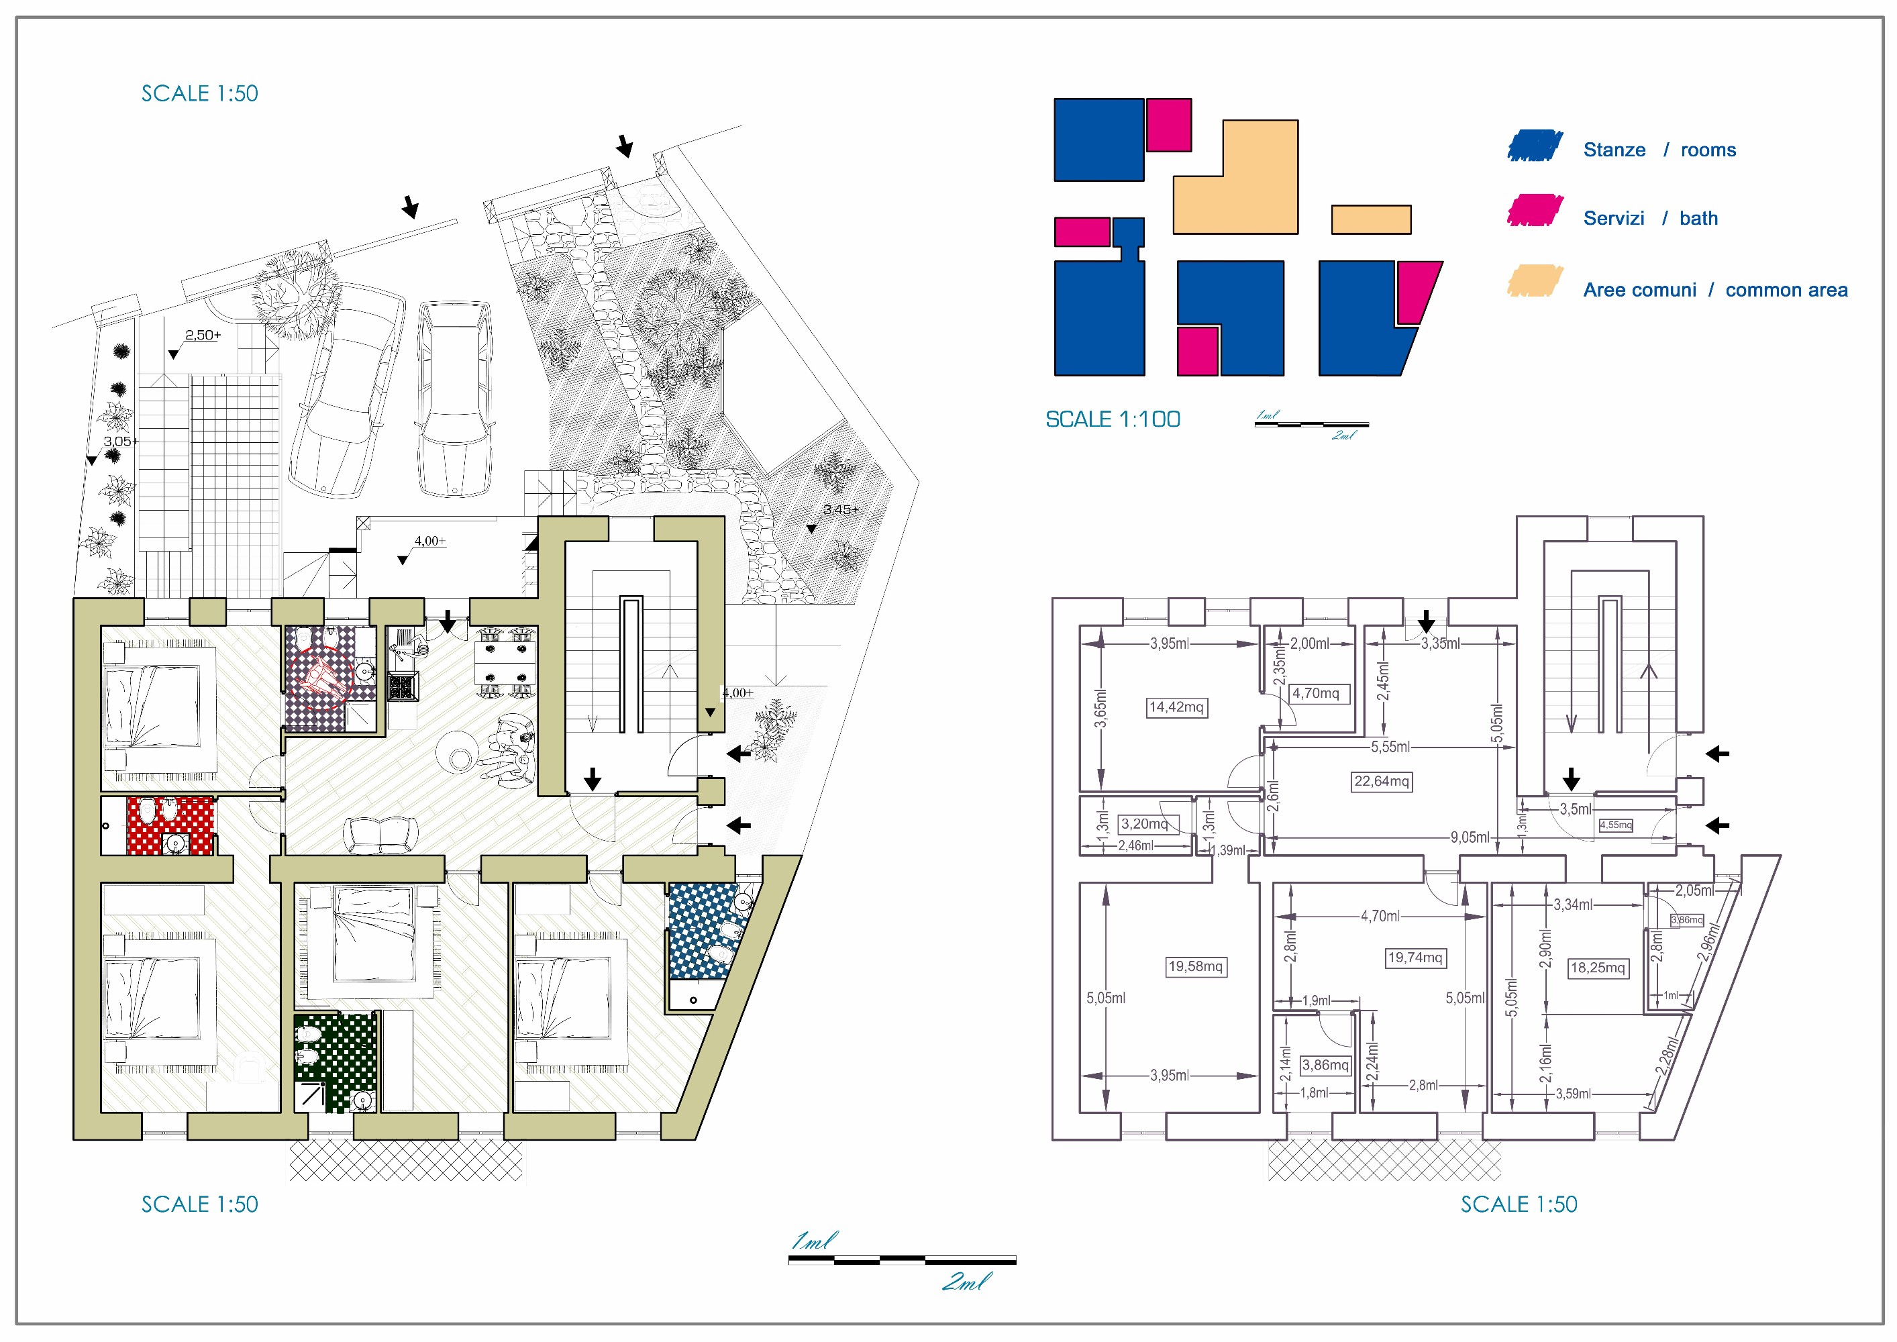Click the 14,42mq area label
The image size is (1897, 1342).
tap(1176, 707)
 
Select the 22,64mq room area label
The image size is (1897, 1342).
tap(1382, 782)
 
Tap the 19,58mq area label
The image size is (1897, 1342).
tap(1196, 967)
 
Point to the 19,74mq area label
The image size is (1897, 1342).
tap(1415, 958)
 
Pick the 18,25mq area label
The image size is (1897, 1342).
tap(1598, 968)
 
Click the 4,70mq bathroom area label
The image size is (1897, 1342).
tap(1316, 693)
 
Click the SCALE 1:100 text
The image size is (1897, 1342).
tap(1113, 420)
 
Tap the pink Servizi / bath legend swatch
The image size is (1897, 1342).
tap(1534, 211)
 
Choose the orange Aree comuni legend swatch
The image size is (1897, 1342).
tap(1534, 282)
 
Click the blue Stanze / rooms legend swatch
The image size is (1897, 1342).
tap(1534, 146)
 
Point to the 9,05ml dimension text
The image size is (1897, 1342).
tap(1470, 837)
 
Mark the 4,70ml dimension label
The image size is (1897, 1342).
tap(1380, 916)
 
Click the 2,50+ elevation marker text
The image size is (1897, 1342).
tap(203, 335)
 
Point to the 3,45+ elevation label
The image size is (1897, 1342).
tap(840, 510)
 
